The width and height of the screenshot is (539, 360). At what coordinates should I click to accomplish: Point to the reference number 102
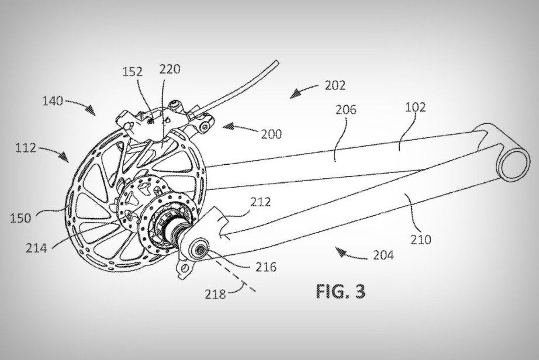(415, 108)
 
